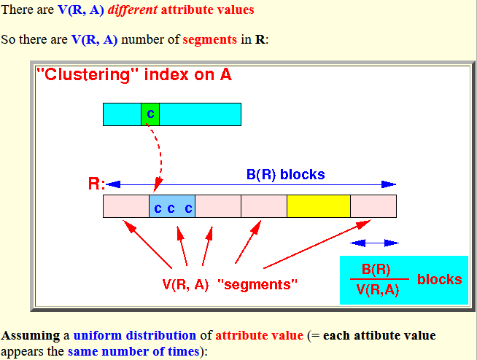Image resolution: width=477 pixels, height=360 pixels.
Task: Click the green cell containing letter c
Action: click(150, 114)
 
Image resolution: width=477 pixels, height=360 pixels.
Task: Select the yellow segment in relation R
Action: click(319, 206)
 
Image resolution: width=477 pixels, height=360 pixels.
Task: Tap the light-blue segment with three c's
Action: click(172, 206)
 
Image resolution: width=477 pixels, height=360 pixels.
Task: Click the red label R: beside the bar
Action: click(96, 184)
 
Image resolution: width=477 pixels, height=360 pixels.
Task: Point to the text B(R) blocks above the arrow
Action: click(286, 174)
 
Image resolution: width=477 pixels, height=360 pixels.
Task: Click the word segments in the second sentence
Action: click(209, 39)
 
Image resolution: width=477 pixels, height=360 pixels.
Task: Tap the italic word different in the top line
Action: click(133, 9)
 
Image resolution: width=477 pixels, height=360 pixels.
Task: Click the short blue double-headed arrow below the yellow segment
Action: click(374, 243)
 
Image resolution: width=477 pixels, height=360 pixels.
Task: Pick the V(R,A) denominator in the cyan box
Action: click(378, 290)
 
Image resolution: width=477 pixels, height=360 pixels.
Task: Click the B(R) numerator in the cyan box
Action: click(376, 270)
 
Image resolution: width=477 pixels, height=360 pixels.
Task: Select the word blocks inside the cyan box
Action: click(440, 279)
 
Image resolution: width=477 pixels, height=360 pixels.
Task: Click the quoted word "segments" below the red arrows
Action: click(257, 285)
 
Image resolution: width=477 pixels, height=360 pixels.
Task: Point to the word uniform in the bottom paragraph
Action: click(98, 335)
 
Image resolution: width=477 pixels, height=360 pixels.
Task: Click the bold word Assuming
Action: click(31, 336)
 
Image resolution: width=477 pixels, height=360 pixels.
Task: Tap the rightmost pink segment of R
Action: click(373, 206)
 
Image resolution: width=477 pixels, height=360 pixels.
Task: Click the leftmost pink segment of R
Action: click(126, 206)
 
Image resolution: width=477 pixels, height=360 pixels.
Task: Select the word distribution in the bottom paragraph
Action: click(161, 335)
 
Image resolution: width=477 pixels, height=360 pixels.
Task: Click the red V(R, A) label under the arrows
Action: click(185, 285)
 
